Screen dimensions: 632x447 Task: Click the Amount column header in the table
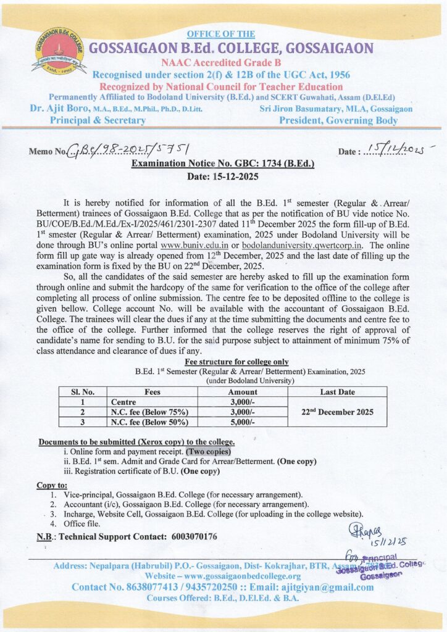242,391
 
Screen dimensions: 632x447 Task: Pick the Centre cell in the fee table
123,402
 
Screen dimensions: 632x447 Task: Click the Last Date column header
337,391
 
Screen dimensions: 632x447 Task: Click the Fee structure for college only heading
236,362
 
